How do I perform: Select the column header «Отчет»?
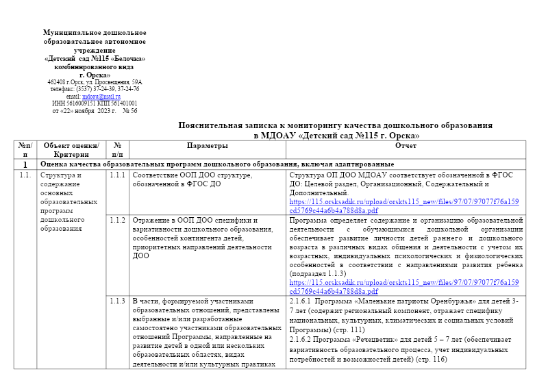click(406, 146)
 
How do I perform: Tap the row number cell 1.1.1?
click(117, 175)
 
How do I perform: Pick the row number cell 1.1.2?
click(117, 221)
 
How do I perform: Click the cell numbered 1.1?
click(25, 175)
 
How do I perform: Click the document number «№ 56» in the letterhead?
click(129, 111)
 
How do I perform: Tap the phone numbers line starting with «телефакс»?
click(95, 89)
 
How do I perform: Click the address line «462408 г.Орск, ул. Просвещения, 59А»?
click(95, 82)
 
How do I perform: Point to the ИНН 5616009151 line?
click(95, 103)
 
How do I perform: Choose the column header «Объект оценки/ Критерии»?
click(71, 150)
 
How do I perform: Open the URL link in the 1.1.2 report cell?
click(404, 286)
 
